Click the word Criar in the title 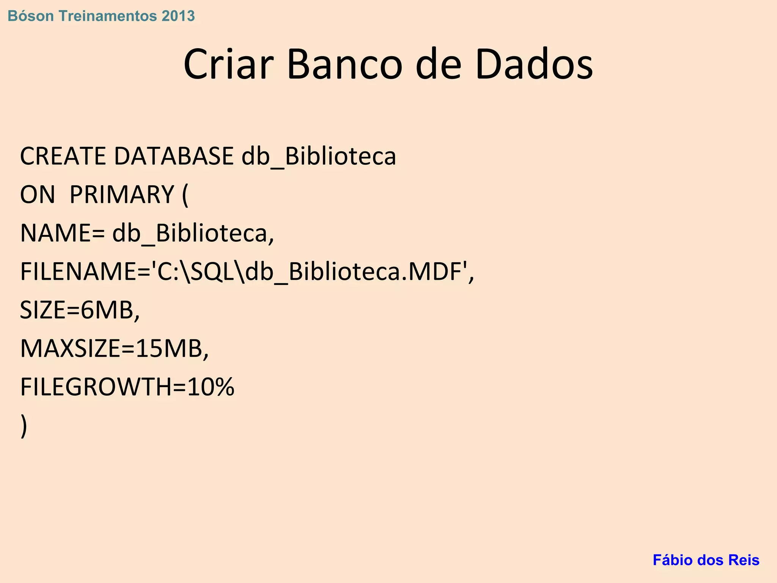228,65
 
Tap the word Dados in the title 534,65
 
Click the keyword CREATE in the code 63,156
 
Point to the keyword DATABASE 174,156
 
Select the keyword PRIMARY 122,195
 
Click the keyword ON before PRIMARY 37,195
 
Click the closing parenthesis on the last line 24,426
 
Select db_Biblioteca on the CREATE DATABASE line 319,156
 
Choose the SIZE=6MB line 80,310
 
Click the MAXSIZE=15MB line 114,349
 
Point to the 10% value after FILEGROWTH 211,387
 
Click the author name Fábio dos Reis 706,560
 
